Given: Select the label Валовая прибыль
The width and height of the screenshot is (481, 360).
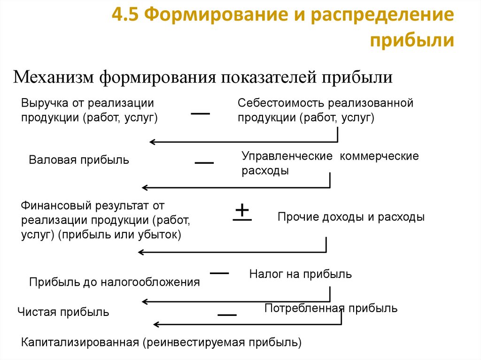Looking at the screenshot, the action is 79,160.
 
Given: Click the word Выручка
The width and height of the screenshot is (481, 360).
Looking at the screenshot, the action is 43,102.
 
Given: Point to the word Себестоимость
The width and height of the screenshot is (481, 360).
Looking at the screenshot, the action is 281,102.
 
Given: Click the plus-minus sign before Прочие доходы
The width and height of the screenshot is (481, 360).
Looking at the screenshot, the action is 242,212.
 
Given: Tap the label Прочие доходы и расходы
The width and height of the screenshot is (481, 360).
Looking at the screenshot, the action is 351,217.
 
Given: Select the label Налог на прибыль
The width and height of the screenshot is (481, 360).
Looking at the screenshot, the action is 300,274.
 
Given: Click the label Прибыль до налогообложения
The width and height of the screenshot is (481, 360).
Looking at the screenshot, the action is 115,282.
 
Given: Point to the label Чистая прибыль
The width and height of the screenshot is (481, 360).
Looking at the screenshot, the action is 63,312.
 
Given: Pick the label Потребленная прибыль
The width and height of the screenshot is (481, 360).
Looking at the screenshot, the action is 331,308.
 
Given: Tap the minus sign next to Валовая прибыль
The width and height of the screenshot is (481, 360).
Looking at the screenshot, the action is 204,162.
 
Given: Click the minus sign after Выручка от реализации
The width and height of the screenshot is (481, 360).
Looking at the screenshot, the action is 200,114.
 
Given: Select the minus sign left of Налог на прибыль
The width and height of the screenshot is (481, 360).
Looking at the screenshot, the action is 219,273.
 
